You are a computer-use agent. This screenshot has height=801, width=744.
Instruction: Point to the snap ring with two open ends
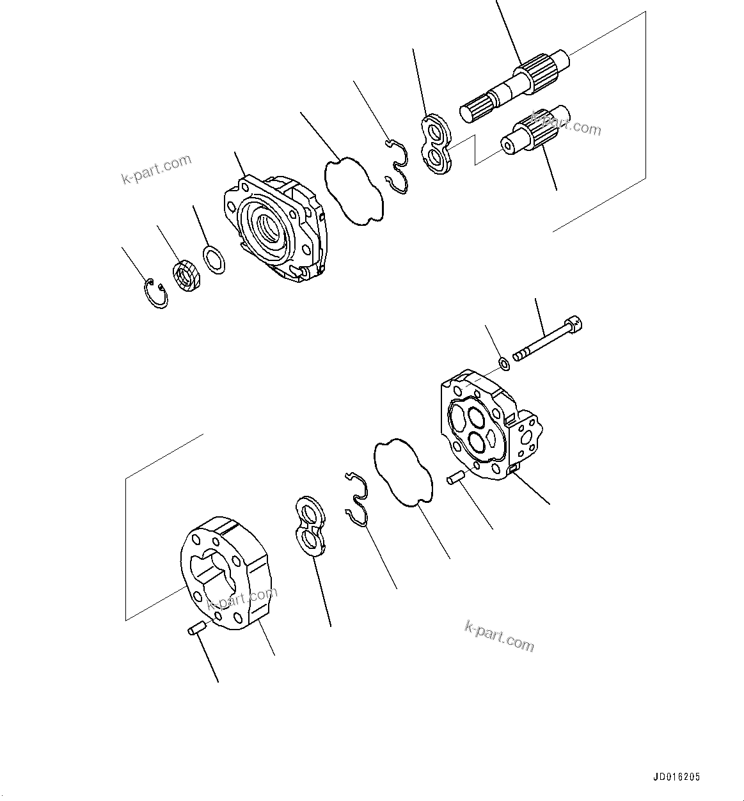coord(155,294)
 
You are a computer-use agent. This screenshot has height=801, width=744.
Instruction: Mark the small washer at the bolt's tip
coord(504,364)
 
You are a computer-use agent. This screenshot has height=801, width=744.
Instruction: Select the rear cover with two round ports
coord(489,425)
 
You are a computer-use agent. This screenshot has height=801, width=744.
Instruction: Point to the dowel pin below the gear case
coord(196,628)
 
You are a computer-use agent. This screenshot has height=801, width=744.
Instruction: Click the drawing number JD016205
coord(676,777)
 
